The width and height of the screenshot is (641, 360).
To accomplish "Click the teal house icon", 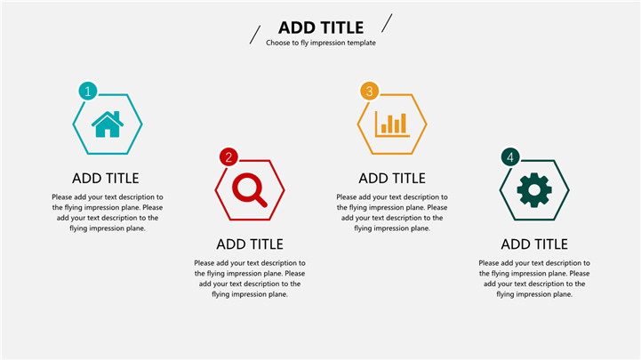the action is pyautogui.click(x=108, y=124).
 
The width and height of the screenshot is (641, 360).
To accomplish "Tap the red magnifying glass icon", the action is pyautogui.click(x=249, y=190).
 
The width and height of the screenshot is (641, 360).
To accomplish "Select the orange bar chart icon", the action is pyautogui.click(x=392, y=124).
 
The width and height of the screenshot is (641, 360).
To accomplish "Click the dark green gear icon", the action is pyautogui.click(x=534, y=190).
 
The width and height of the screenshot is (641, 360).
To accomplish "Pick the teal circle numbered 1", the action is pyautogui.click(x=88, y=92).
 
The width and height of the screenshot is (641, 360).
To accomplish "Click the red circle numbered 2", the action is pyautogui.click(x=228, y=157).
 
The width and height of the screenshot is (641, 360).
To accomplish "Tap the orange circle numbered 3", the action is pyautogui.click(x=370, y=92).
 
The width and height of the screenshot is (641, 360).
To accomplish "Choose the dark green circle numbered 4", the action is pyautogui.click(x=510, y=157).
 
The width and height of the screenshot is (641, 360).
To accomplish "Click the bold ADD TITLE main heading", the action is pyautogui.click(x=321, y=28).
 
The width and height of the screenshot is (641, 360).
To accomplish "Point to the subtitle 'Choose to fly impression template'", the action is pyautogui.click(x=321, y=43).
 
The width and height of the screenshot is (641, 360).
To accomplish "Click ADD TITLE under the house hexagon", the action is pyautogui.click(x=106, y=178).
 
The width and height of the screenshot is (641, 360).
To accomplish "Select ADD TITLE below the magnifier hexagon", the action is pyautogui.click(x=250, y=244).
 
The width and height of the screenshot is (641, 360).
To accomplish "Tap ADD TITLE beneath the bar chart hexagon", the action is pyautogui.click(x=392, y=178).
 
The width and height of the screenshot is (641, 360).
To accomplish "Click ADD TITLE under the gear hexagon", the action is pyautogui.click(x=534, y=244).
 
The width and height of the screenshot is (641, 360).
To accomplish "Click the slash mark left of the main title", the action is pyautogui.click(x=255, y=35).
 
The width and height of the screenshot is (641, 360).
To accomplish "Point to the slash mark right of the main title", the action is pyautogui.click(x=387, y=23).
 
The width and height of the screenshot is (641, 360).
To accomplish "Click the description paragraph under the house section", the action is pyautogui.click(x=107, y=212).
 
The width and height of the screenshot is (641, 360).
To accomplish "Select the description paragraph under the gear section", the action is pyautogui.click(x=534, y=279).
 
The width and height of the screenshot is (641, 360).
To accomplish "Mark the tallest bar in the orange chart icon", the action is pyautogui.click(x=404, y=123).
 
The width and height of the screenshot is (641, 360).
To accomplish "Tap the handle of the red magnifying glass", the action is pyautogui.click(x=260, y=200).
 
